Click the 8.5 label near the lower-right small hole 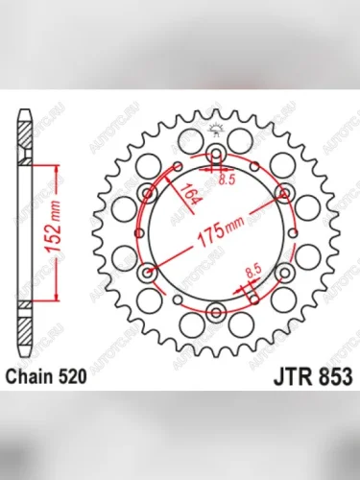pyautogui.click(x=253, y=275)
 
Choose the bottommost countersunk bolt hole pyautogui.click(x=216, y=312)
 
